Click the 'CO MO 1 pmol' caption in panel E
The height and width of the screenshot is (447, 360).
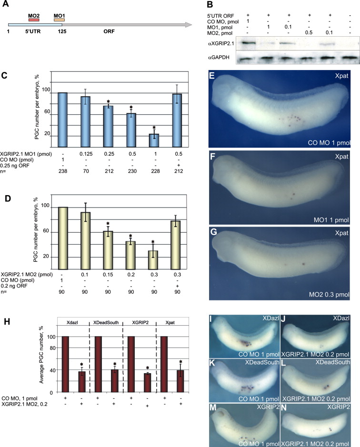pyautogui.click(x=327, y=142)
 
